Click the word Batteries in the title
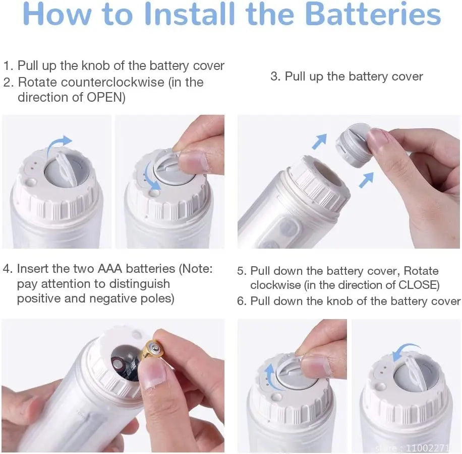(373, 14)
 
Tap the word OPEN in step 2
(104, 97)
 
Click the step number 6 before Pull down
(241, 301)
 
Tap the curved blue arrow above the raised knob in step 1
(59, 144)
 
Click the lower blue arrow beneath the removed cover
(366, 180)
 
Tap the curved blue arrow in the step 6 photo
(406, 350)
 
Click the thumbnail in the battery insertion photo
(153, 373)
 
